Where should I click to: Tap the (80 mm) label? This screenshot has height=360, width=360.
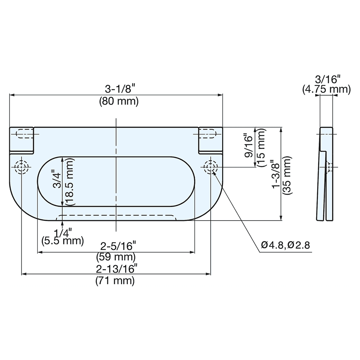point(118,102)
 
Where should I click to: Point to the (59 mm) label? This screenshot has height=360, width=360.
point(116,257)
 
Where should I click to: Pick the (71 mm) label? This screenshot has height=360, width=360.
point(115,280)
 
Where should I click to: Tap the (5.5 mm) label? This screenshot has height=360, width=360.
point(62,240)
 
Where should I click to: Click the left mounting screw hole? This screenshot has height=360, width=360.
point(22,167)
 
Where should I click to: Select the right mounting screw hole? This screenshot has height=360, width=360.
point(211,167)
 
